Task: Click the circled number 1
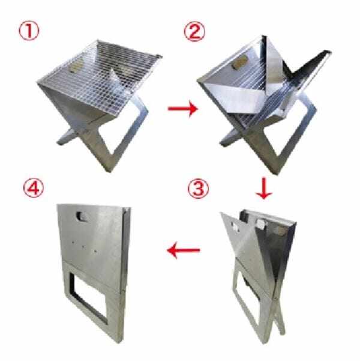[29, 31]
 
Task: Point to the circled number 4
[34, 189]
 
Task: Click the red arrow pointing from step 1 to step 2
[183, 109]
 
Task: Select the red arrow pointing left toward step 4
[184, 250]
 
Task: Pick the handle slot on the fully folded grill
[82, 216]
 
